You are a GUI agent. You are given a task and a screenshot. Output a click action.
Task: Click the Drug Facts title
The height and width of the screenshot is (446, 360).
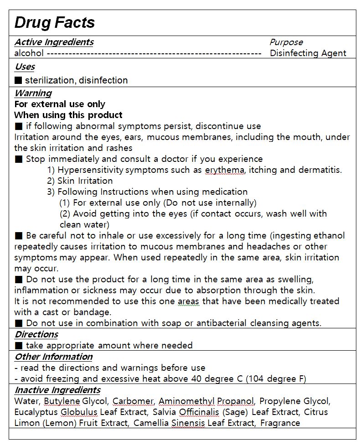point(54,22)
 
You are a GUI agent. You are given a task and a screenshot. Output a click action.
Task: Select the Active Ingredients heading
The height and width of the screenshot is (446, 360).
point(54,42)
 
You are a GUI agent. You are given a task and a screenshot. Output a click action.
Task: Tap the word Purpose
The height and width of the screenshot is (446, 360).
point(286,42)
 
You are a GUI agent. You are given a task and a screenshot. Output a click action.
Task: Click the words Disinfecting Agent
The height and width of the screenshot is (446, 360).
point(308,53)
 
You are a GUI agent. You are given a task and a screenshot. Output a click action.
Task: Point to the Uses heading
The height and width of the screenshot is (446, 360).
point(25,67)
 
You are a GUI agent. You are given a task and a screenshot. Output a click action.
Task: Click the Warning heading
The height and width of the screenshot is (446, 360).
point(33,93)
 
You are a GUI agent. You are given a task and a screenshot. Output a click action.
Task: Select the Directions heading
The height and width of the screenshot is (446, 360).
point(36,334)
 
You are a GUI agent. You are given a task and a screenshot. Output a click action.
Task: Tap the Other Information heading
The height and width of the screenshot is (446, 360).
point(53,357)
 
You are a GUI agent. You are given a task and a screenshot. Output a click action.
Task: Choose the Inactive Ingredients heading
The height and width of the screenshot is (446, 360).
point(57,390)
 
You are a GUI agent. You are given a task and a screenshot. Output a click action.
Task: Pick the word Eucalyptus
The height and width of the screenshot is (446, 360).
point(36,412)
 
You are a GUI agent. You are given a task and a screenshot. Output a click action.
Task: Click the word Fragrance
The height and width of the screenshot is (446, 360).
point(280,423)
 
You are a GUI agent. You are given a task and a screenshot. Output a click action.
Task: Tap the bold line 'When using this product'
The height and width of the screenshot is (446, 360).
point(68,115)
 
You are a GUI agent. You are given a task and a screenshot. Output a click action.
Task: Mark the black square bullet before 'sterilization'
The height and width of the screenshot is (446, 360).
point(18,80)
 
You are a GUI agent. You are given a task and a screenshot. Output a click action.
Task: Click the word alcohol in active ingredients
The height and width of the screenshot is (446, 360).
point(29,53)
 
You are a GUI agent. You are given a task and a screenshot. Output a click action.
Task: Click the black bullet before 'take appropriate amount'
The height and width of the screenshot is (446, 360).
point(18,346)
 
